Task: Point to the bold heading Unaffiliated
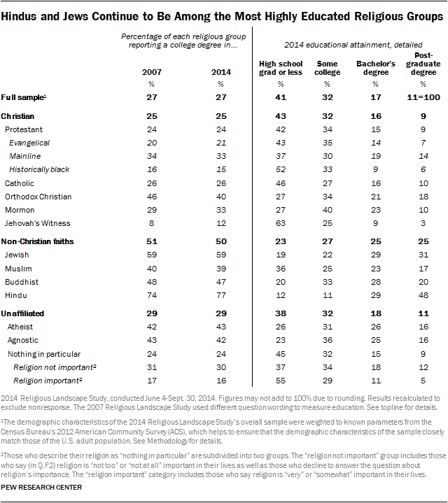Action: pos(27,313)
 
